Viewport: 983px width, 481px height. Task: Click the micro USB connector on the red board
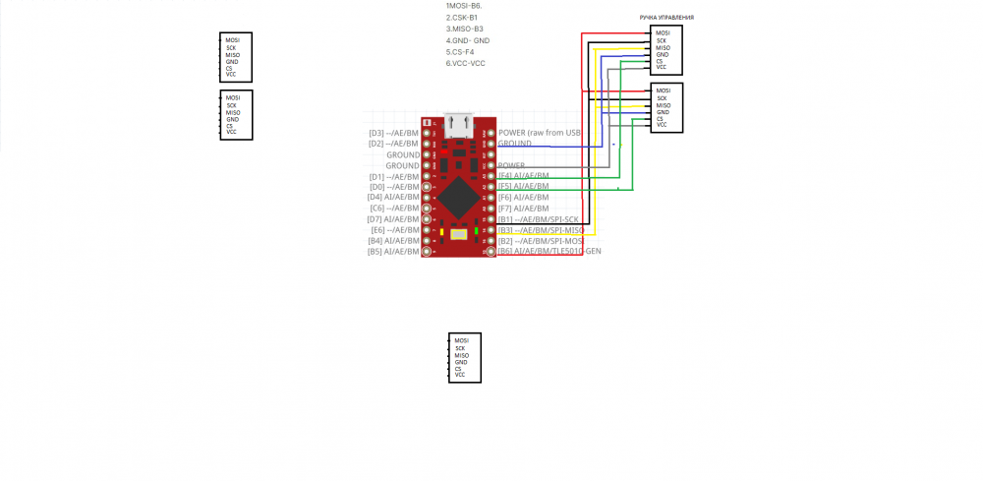click(x=458, y=124)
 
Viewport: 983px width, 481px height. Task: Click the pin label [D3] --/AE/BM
click(x=393, y=133)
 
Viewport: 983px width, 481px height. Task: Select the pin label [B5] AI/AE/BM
click(x=393, y=252)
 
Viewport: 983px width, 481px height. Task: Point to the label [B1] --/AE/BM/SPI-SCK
click(x=538, y=219)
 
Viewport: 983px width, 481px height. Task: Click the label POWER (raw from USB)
click(x=540, y=133)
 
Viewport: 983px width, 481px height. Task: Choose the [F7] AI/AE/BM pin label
click(x=523, y=209)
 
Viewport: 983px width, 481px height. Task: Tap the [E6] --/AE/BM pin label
click(x=395, y=230)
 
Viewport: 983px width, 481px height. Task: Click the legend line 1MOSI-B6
click(x=464, y=6)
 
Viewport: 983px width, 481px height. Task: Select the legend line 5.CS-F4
click(x=460, y=52)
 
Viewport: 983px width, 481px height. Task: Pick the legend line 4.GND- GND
click(x=467, y=40)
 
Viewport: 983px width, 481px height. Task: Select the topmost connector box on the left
click(x=236, y=57)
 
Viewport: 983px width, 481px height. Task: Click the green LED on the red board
click(x=476, y=232)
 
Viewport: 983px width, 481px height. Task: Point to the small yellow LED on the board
click(x=442, y=233)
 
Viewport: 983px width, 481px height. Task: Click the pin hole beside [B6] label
click(x=490, y=252)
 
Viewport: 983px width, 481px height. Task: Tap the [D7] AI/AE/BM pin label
click(x=393, y=219)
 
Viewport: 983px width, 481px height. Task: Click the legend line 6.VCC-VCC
click(x=465, y=64)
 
